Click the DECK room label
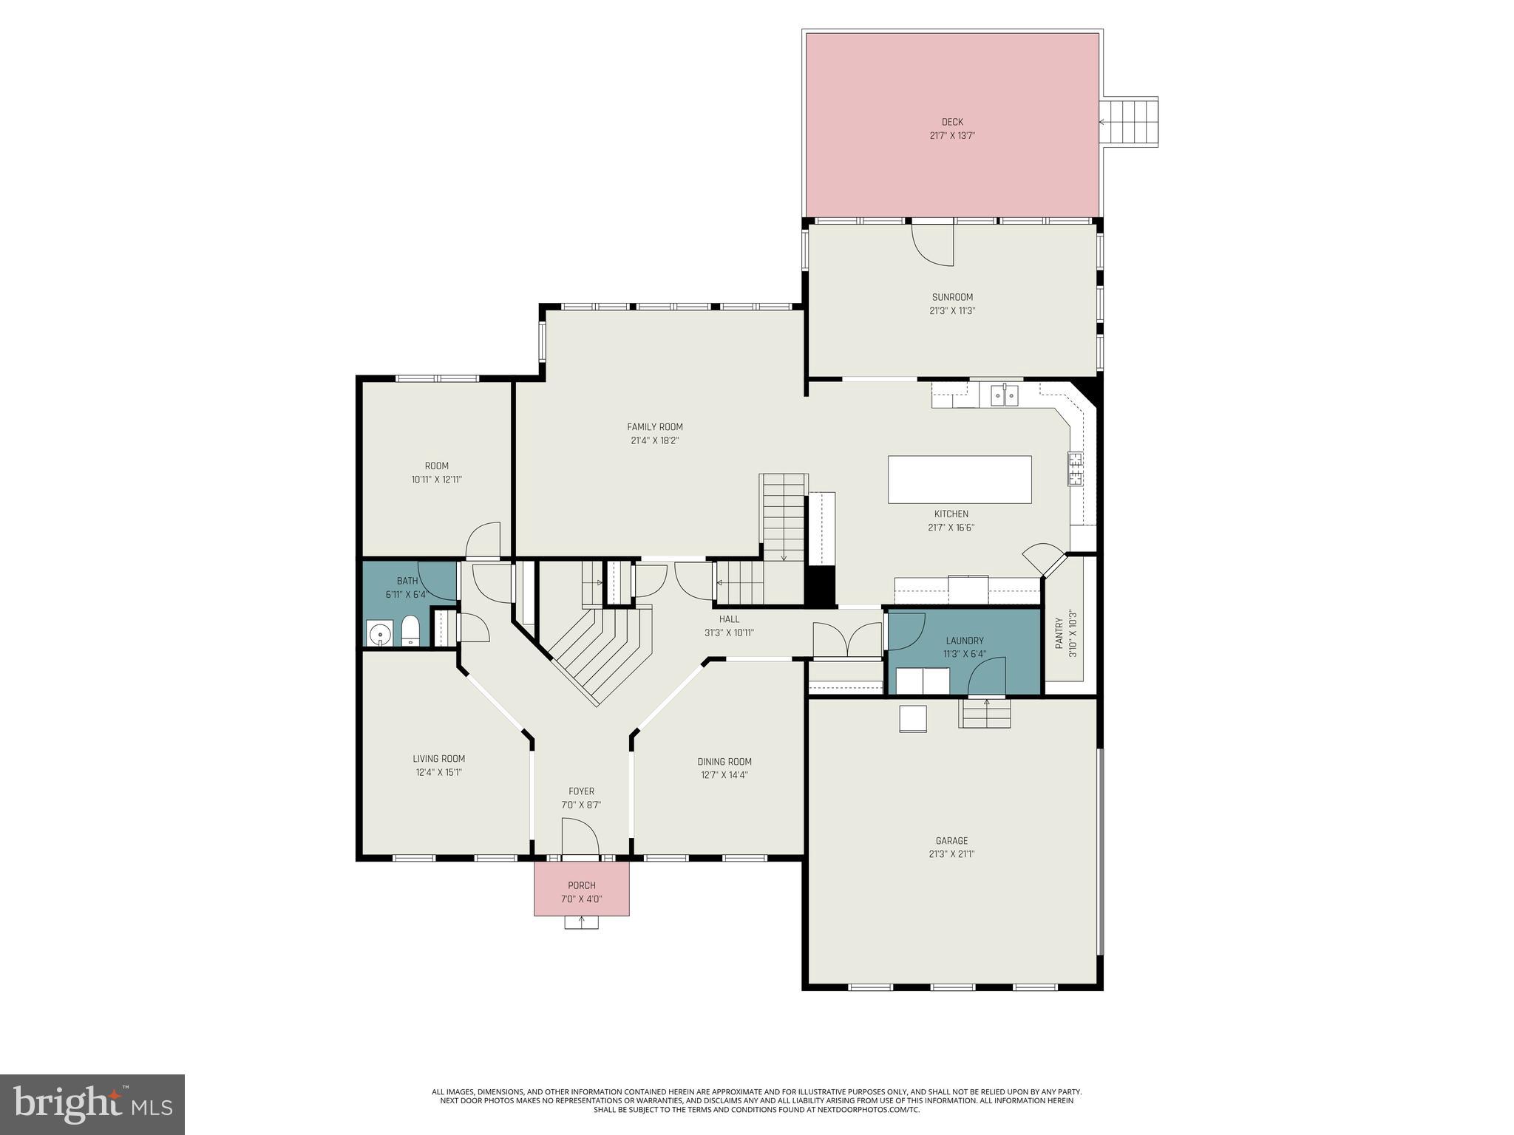951,122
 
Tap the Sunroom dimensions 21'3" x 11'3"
952,311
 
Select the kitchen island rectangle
959,480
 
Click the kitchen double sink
1004,397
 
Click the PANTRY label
1059,633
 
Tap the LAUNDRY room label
964,641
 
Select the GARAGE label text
951,840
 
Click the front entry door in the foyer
580,839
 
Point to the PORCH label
581,885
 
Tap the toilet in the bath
410,632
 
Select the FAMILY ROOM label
654,426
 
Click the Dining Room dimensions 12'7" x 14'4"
724,775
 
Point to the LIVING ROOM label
438,759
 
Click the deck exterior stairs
1129,123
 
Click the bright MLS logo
92,1104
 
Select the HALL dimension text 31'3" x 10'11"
728,633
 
